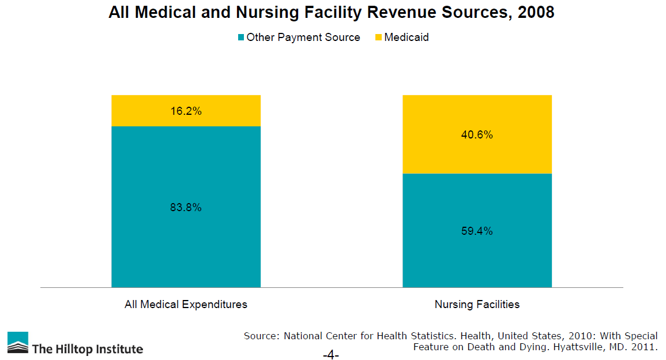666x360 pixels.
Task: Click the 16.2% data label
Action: [x=186, y=111]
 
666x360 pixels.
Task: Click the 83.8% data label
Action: [x=186, y=208]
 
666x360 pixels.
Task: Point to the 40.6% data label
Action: [x=477, y=135]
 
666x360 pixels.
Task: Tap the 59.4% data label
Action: [x=477, y=231]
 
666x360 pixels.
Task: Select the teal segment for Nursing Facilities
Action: [x=477, y=254]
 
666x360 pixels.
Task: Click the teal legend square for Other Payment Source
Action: [x=241, y=37]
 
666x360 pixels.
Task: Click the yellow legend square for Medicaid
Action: [x=378, y=37]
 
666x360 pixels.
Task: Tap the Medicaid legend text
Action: [x=407, y=37]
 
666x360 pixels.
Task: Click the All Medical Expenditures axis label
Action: [x=186, y=304]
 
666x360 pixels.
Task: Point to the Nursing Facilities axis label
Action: [x=477, y=304]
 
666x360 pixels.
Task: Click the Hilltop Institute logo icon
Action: [x=17, y=343]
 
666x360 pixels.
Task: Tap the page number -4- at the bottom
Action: [x=331, y=355]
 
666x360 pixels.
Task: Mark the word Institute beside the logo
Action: [x=118, y=349]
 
